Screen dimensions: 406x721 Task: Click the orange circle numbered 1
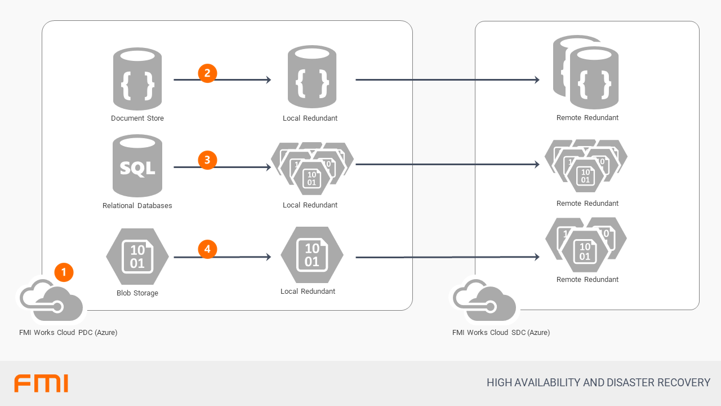click(x=64, y=272)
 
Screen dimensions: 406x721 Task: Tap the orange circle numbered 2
click(x=207, y=73)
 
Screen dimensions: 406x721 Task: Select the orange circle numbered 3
click(x=207, y=160)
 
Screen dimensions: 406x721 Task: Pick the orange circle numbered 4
click(x=207, y=249)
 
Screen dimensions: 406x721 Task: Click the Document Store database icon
click(x=137, y=79)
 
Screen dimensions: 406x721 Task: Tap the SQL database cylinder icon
click(x=137, y=166)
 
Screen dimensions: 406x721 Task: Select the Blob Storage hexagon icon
click(x=137, y=257)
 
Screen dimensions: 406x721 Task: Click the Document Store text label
click(x=137, y=118)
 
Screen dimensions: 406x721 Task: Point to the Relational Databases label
click(x=137, y=206)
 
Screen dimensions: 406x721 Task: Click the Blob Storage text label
click(x=137, y=293)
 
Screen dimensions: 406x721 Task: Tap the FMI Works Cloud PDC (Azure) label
click(x=68, y=333)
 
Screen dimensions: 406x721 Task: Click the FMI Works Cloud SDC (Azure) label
click(x=501, y=333)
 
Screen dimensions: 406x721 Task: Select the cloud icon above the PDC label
click(x=52, y=302)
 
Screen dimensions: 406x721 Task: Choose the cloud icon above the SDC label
click(x=485, y=302)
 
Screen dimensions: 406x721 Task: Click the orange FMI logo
click(x=41, y=383)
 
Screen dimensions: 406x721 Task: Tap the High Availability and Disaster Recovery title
click(x=598, y=383)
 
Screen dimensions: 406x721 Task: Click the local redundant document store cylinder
click(x=312, y=77)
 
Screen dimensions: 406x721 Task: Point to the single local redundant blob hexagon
click(x=312, y=255)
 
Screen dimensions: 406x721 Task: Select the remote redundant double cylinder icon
click(x=587, y=73)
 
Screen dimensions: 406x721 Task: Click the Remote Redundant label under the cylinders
click(x=588, y=118)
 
